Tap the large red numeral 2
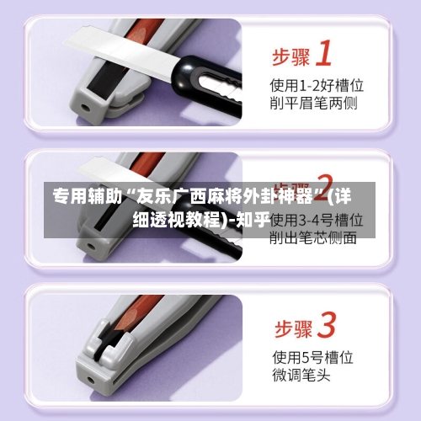322,187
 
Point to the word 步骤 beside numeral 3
290,327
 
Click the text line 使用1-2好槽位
316,85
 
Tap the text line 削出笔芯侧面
312,237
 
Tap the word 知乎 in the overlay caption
251,220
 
